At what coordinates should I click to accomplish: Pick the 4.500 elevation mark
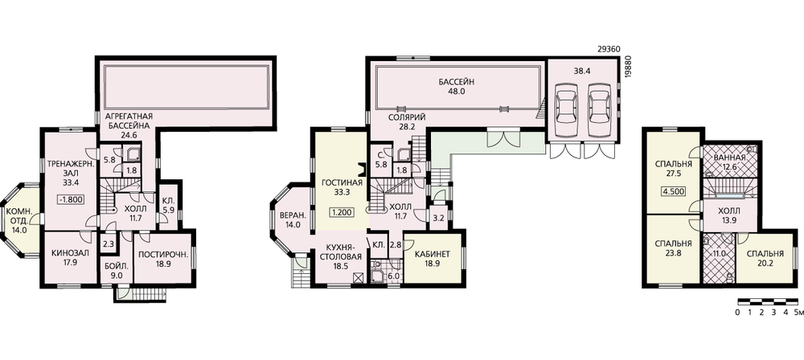pyautogui.click(x=674, y=194)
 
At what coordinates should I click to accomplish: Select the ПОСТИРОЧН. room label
pyautogui.click(x=164, y=254)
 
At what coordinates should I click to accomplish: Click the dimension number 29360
pyautogui.click(x=609, y=50)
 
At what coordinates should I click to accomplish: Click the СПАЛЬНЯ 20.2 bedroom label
pyautogui.click(x=765, y=259)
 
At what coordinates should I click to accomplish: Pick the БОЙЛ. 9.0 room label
pyautogui.click(x=113, y=271)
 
